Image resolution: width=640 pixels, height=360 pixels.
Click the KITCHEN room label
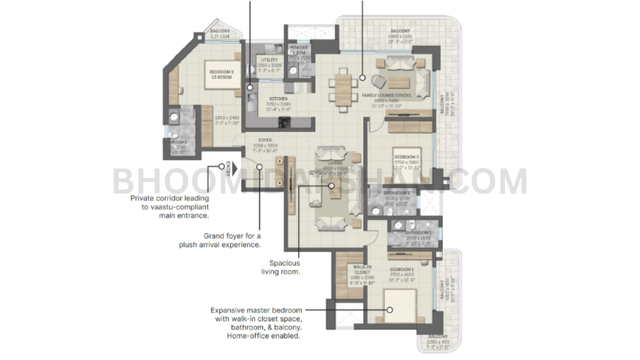point(278,99)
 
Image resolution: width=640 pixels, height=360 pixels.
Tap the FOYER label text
point(265,140)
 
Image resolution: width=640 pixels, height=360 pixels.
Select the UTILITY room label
point(269,60)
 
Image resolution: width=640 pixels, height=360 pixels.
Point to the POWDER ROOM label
point(299,50)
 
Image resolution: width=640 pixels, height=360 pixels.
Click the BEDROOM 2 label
point(221,72)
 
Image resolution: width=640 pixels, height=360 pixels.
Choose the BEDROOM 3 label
point(406,157)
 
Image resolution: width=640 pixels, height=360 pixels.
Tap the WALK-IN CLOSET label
point(362,270)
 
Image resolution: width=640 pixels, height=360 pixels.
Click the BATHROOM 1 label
point(418,233)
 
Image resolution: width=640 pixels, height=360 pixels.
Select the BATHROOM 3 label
point(396,193)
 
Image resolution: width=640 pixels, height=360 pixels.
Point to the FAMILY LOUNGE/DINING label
point(386,96)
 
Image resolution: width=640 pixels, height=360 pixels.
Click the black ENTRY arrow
point(234,168)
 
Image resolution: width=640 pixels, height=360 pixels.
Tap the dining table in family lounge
point(343,89)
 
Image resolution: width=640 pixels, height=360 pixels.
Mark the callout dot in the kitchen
point(250,87)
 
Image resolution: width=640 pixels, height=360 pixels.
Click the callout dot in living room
point(332,186)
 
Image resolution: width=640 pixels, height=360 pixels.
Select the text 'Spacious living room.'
point(284,267)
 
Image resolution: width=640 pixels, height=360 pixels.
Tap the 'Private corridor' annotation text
point(170,207)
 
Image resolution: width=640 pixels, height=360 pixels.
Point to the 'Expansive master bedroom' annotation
point(256,323)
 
